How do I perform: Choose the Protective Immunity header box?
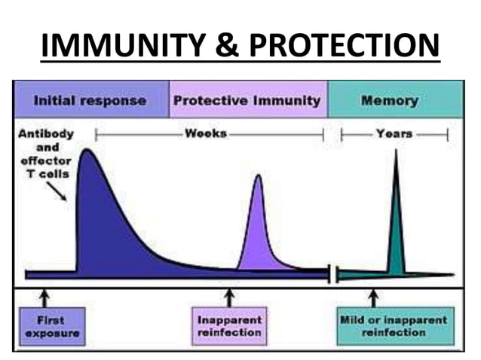247,99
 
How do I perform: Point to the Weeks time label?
206,134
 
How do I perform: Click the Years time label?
394,134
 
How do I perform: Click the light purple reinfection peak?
259,226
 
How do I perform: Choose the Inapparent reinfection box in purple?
229,325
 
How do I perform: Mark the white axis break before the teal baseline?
333,273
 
